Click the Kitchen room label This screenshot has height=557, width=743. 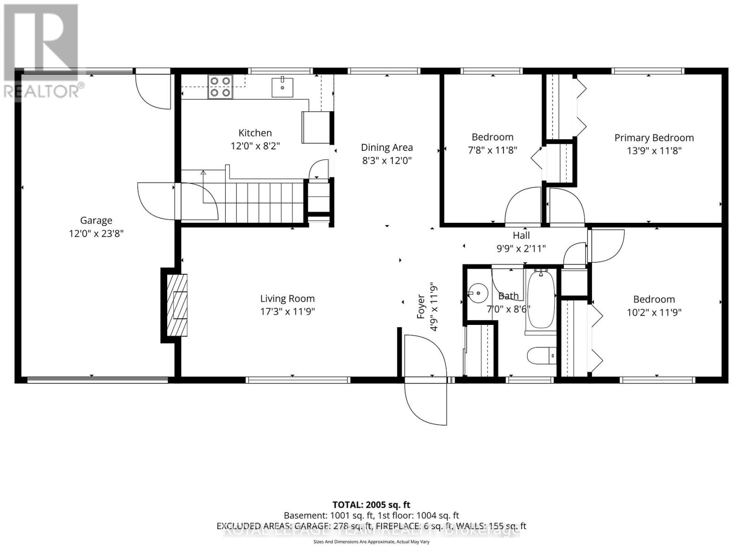[255, 133]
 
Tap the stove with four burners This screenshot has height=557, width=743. [220, 86]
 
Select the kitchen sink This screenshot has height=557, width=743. [282, 87]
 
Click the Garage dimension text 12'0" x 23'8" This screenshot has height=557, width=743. [96, 233]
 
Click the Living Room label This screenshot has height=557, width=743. [287, 298]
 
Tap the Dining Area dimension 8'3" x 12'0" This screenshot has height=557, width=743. [387, 161]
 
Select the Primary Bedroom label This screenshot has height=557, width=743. [654, 138]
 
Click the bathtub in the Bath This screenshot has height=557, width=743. [541, 299]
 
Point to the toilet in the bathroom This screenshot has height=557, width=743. [541, 356]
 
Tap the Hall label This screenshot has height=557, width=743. [521, 235]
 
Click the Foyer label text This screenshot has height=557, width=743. [421, 306]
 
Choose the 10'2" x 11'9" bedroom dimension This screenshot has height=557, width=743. [654, 312]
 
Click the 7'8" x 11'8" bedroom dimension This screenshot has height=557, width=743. [492, 150]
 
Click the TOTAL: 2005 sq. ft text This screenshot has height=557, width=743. [371, 505]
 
